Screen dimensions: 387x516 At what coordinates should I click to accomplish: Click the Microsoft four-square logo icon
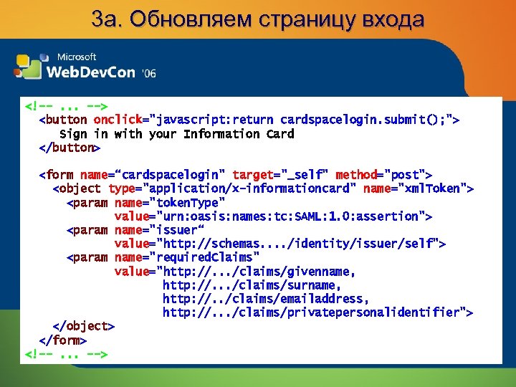(29, 65)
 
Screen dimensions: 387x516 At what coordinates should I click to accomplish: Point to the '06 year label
(148, 73)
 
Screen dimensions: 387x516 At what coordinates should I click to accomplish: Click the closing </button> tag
(70, 148)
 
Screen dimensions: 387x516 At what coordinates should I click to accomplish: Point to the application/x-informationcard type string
(250, 188)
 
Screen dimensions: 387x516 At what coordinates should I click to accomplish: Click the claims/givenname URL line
(256, 272)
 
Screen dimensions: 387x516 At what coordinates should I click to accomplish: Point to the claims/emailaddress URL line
(266, 299)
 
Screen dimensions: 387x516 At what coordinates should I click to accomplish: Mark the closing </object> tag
(84, 326)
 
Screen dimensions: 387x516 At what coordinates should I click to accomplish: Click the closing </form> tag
(63, 340)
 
